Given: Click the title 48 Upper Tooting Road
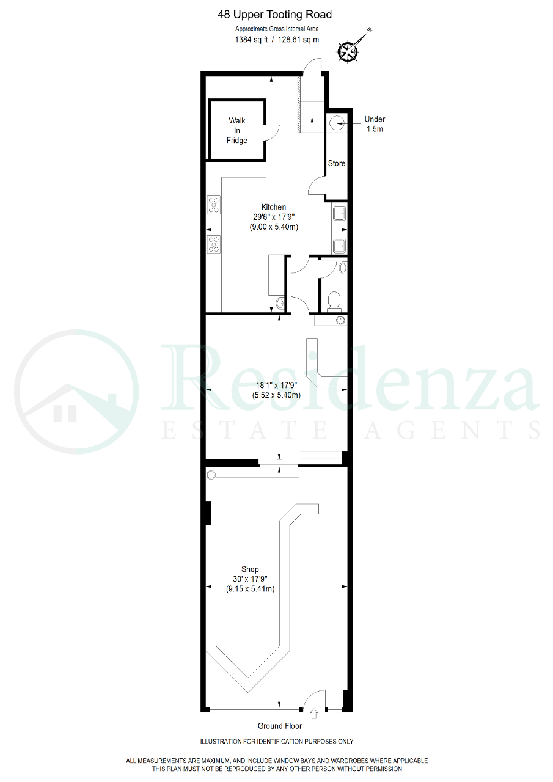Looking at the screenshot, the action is [x=274, y=15].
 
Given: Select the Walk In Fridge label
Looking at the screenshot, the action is [x=236, y=131].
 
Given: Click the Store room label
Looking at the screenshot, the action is [x=337, y=163].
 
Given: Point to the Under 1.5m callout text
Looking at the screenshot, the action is [x=375, y=124].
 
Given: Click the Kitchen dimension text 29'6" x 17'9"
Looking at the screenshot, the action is [x=274, y=217].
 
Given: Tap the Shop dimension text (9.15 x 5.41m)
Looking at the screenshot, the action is [x=250, y=589].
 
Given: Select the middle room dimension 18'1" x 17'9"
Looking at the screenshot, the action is [x=276, y=386].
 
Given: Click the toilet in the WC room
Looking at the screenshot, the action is [x=334, y=301].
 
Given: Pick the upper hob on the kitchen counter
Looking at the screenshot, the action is [x=214, y=205].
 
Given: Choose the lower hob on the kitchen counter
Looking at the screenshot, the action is [x=214, y=244].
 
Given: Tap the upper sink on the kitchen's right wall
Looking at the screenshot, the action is [x=339, y=213].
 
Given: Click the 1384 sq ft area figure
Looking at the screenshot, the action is [x=251, y=40].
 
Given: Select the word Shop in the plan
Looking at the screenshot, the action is [x=250, y=569].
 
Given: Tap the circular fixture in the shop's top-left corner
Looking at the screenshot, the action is [x=211, y=475].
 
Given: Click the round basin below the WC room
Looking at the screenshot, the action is [x=341, y=320].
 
